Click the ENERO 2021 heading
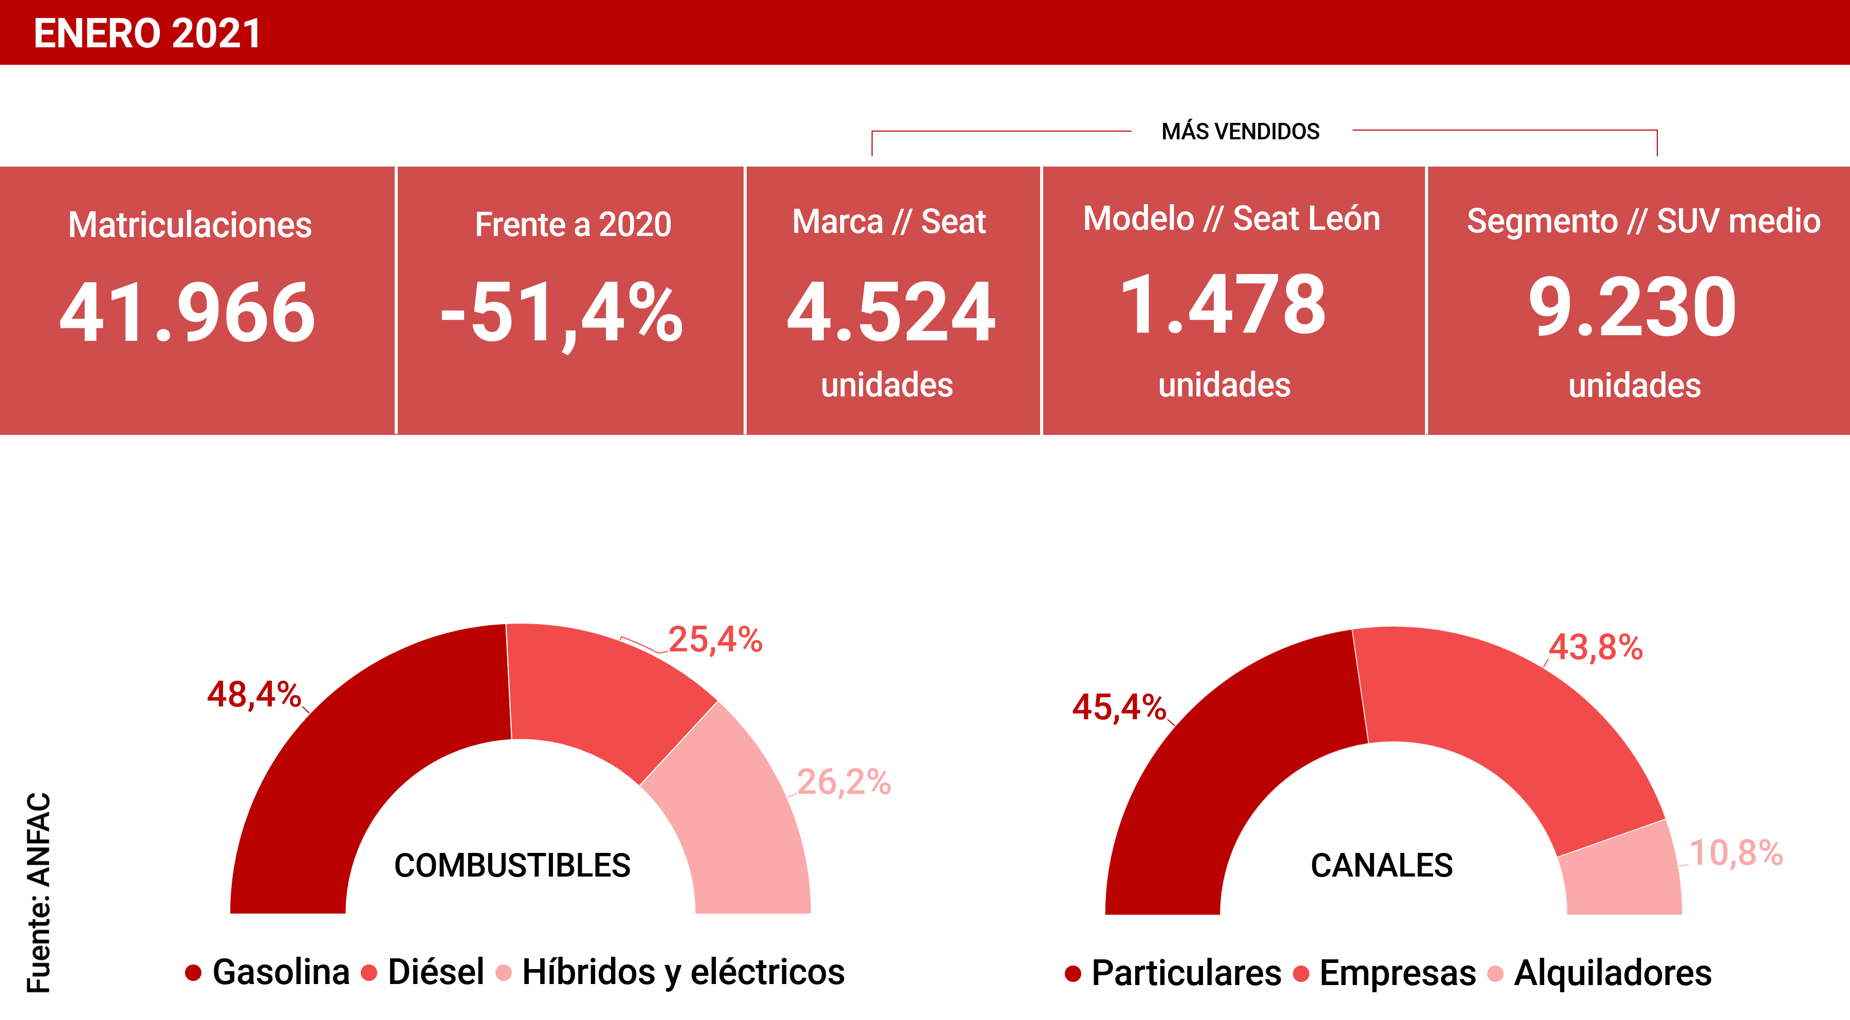[x=147, y=34]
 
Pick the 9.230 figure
[x=1633, y=307]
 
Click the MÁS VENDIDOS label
[x=1241, y=132]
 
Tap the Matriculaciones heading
[x=190, y=225]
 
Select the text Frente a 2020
[x=573, y=225]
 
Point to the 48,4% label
[x=253, y=695]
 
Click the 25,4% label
[x=715, y=639]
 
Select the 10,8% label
[x=1736, y=853]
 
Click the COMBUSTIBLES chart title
[x=512, y=866]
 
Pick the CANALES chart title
[x=1381, y=866]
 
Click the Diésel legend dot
[x=369, y=973]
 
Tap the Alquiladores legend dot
[x=1495, y=974]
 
